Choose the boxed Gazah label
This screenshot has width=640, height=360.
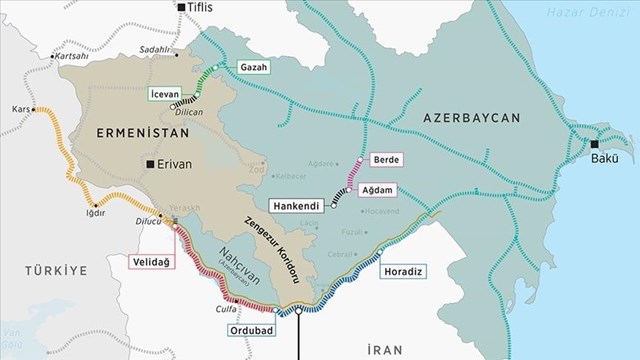tap(252, 67)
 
